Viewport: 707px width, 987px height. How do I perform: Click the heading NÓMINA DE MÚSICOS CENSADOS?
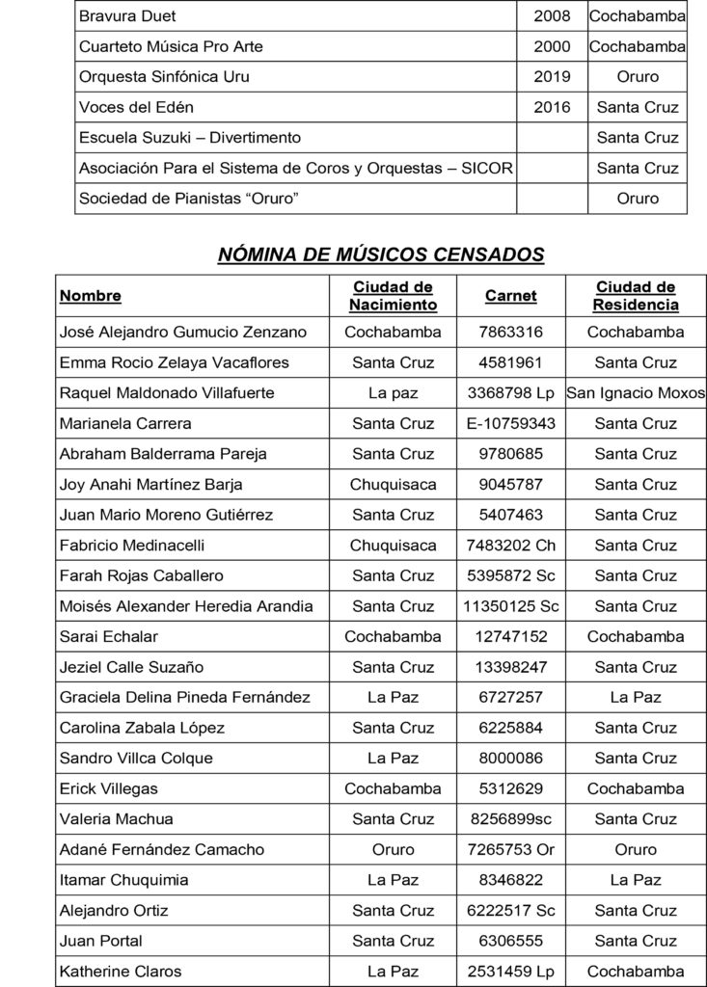(x=381, y=254)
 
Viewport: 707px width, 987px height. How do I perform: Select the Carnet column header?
(x=510, y=296)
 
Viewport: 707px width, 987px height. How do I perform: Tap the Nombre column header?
(x=91, y=296)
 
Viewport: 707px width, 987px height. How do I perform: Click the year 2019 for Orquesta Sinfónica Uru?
(x=552, y=77)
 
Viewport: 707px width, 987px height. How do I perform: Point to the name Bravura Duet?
(x=127, y=16)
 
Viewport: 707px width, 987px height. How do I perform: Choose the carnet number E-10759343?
(x=510, y=423)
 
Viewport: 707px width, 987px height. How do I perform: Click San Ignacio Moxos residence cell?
(x=635, y=393)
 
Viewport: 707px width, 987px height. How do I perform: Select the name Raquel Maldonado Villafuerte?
(x=167, y=393)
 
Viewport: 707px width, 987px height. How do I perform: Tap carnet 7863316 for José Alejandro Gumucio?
(x=510, y=333)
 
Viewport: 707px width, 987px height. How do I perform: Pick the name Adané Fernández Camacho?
(x=161, y=850)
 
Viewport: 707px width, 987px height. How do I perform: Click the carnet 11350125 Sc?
(x=510, y=606)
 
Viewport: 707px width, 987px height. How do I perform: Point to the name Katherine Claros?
(x=120, y=972)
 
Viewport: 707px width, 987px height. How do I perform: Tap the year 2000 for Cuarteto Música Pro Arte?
(x=552, y=46)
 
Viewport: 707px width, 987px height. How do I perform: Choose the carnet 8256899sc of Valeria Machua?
(x=510, y=819)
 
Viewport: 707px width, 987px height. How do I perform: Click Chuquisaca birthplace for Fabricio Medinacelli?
(x=393, y=546)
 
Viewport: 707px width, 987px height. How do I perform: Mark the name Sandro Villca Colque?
(x=136, y=759)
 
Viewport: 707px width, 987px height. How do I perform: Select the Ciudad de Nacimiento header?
(x=393, y=296)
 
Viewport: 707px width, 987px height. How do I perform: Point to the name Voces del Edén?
(x=136, y=107)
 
